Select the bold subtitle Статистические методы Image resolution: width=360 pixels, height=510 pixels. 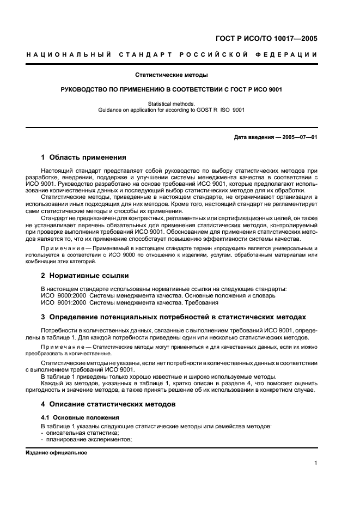[x=172, y=74]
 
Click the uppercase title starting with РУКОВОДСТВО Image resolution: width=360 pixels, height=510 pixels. [x=172, y=89]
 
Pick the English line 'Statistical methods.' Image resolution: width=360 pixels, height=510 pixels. [x=172, y=103]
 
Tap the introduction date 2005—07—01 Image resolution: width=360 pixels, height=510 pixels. [x=299, y=137]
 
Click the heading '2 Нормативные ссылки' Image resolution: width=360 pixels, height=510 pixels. [x=85, y=275]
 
